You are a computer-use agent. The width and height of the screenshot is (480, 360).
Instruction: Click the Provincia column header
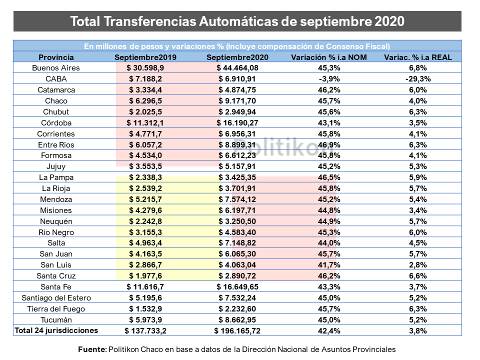point(56,57)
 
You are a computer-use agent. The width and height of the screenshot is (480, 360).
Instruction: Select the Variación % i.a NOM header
point(329,57)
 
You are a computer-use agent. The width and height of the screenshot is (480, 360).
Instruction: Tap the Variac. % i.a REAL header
point(417,57)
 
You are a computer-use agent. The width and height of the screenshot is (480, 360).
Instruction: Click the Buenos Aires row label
point(56,68)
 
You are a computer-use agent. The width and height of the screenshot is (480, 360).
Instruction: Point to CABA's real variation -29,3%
point(418,79)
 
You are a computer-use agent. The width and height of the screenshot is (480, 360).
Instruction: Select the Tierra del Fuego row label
point(56,309)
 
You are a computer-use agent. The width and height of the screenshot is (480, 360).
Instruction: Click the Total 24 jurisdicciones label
point(56,330)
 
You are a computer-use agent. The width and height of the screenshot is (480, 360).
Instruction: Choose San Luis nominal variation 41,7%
point(329,265)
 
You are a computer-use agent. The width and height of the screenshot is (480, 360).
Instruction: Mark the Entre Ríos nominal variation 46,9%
point(329,145)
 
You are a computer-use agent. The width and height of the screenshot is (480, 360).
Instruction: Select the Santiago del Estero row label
point(56,298)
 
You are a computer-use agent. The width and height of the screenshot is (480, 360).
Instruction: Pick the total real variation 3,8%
point(418,331)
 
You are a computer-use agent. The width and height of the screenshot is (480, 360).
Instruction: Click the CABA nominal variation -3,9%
point(329,79)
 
